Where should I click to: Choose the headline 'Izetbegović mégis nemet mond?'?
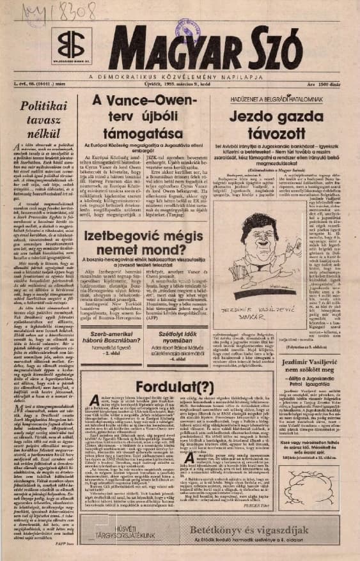point(151,228)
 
